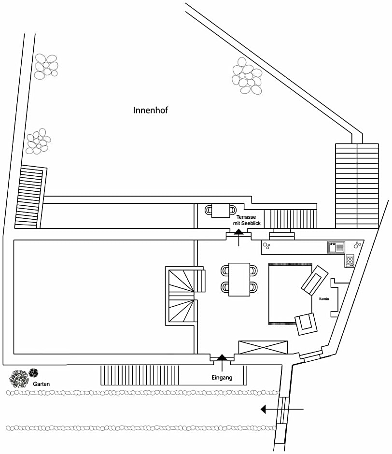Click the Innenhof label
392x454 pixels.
(150, 110)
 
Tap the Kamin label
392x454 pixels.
(324, 299)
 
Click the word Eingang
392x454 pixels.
(222, 378)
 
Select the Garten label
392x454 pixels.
(42, 384)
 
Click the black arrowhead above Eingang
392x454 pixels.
(222, 357)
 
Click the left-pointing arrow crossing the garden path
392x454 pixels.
(264, 410)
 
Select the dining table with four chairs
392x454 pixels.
(239, 279)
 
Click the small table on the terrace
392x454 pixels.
(221, 210)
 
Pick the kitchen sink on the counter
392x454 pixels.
(336, 247)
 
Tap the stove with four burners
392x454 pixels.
(350, 260)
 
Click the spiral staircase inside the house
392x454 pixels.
(183, 296)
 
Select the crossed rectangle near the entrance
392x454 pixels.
(263, 348)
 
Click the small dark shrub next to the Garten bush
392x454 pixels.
(33, 373)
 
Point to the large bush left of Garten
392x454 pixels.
(19, 379)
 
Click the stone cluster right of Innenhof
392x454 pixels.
(247, 76)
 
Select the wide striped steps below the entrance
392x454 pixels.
(140, 375)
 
